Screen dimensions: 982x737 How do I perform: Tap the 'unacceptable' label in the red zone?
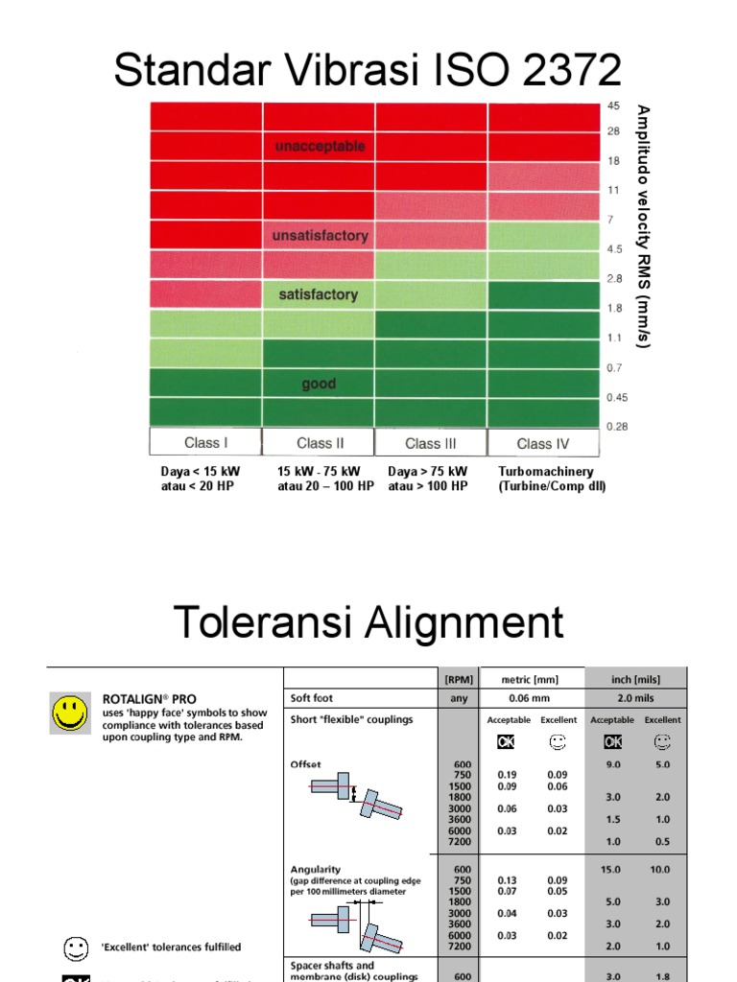[x=320, y=147]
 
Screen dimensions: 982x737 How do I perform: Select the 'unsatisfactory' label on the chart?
[x=320, y=236]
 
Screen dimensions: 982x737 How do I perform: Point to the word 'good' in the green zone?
[x=319, y=384]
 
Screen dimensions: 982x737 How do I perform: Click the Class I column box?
[x=205, y=443]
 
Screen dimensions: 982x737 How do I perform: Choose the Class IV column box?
[x=542, y=443]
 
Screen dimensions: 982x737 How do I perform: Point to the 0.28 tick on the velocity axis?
[x=616, y=427]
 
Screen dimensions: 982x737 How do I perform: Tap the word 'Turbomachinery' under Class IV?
[x=546, y=472]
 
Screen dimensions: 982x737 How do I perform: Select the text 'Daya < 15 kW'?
[x=201, y=472]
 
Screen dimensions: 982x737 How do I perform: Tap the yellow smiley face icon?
[x=69, y=713]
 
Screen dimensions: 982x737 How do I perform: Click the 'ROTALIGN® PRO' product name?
[x=149, y=699]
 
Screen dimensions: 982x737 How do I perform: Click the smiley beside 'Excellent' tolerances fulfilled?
[x=75, y=947]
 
